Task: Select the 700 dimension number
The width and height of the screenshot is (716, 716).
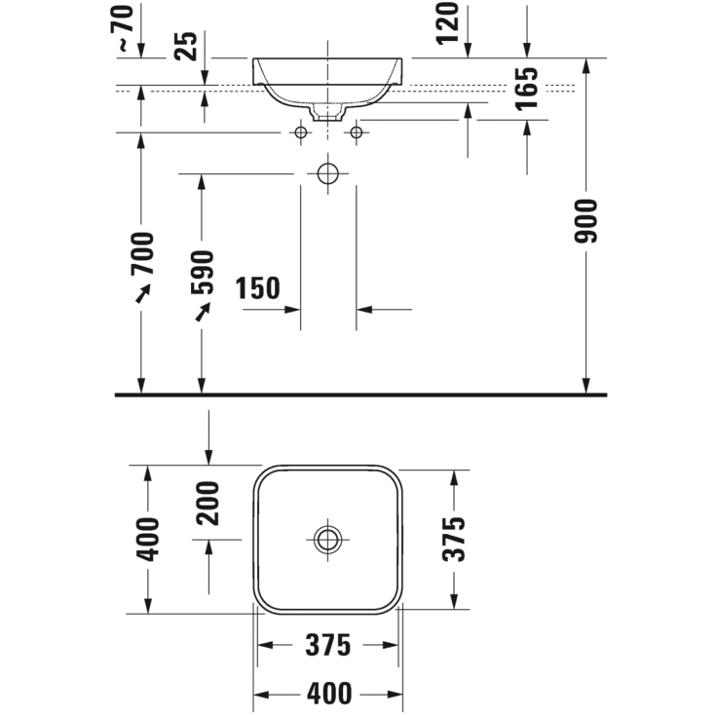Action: pyautogui.click(x=142, y=254)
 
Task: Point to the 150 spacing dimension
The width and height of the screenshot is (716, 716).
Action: pyautogui.click(x=257, y=288)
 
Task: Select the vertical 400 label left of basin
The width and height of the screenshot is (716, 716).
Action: pyautogui.click(x=148, y=539)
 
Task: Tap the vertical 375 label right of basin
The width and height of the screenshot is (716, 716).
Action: pyautogui.click(x=453, y=539)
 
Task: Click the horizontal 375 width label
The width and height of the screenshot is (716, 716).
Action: pyautogui.click(x=328, y=645)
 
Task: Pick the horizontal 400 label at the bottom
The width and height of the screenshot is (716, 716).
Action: pyautogui.click(x=328, y=694)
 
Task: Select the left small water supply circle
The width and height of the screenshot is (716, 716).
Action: pyautogui.click(x=301, y=132)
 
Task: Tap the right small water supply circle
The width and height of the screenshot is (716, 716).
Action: pyautogui.click(x=356, y=132)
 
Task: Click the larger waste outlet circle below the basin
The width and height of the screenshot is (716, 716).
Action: pyautogui.click(x=328, y=174)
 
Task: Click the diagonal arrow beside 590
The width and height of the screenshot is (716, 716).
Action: pyautogui.click(x=203, y=310)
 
